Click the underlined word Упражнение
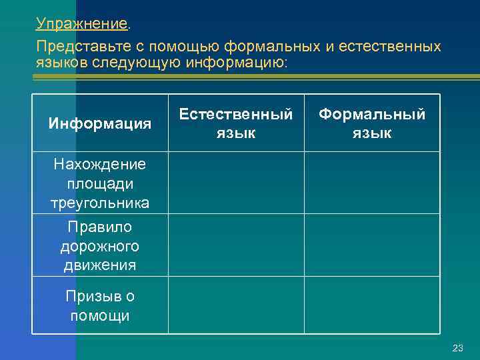[81, 25]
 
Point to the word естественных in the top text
[390, 47]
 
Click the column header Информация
[100, 123]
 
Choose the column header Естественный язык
[236, 123]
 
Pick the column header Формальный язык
[372, 123]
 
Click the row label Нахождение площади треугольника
[100, 183]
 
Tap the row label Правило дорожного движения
[100, 246]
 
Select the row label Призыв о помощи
[100, 305]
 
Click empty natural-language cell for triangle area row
[236, 183]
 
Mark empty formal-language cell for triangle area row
[372, 183]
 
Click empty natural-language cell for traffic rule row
[236, 245]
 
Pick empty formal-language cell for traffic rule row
[372, 245]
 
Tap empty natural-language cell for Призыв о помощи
[236, 305]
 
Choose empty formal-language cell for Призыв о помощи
[372, 305]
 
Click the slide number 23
[457, 348]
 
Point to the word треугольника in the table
[100, 203]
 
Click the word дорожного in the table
[100, 247]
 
